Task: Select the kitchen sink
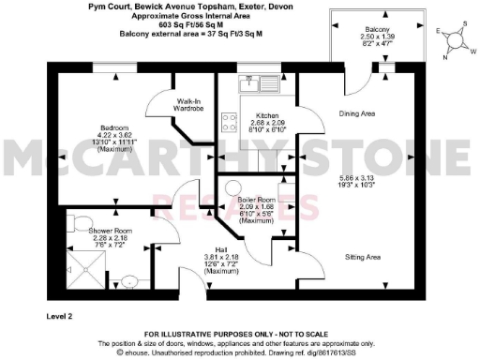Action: coord(253,82)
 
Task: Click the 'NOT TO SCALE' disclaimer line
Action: coord(239,335)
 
